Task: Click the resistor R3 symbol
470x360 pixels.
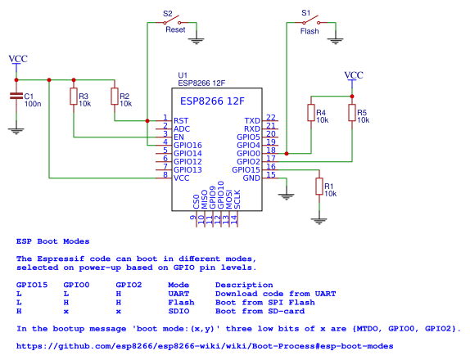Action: [x=74, y=97]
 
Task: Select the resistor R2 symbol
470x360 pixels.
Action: [x=115, y=97]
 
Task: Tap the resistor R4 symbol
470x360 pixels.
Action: [x=311, y=113]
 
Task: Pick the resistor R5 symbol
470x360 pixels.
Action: [x=352, y=113]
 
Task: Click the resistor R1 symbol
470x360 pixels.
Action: [x=319, y=187]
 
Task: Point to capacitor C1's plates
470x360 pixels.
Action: [x=16, y=96]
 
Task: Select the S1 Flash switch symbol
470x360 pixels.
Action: [x=311, y=21]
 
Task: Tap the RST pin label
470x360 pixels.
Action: [x=181, y=121]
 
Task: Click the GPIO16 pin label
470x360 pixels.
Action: [x=188, y=146]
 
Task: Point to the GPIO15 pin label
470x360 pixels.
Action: [x=246, y=170]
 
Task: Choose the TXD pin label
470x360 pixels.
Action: [x=252, y=121]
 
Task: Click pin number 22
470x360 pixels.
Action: [x=271, y=117]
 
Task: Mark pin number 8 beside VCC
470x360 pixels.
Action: [x=165, y=174]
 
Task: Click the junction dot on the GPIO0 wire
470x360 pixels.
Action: [x=287, y=154]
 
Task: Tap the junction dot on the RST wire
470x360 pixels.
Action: [x=147, y=121]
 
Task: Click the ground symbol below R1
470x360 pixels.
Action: [x=319, y=221]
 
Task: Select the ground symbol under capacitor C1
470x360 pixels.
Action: [x=16, y=131]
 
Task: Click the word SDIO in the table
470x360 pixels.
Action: [x=179, y=311]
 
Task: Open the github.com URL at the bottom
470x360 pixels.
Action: [x=205, y=346]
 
